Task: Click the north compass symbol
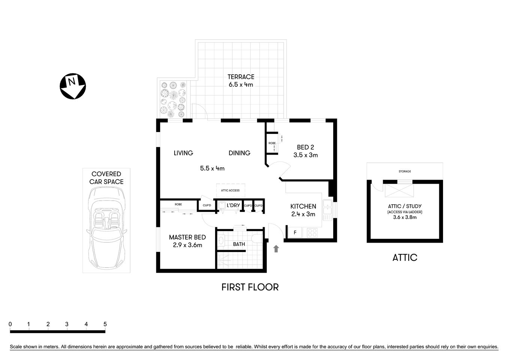[x=73, y=86]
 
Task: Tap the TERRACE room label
[x=241, y=77]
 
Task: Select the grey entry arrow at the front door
[x=276, y=248]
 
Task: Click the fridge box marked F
[x=295, y=232]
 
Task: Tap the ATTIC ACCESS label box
[x=231, y=190]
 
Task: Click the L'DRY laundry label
[x=233, y=205]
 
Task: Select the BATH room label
[x=239, y=244]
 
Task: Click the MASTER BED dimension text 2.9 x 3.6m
[x=187, y=245]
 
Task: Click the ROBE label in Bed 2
[x=272, y=143]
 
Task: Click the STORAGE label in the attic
[x=404, y=171]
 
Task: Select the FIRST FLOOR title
[x=250, y=287]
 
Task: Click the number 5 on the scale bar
[x=105, y=324]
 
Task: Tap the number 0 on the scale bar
[x=10, y=324]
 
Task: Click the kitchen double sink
[x=327, y=210]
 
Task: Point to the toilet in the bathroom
[x=257, y=238]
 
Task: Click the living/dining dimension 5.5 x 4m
[x=212, y=168]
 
